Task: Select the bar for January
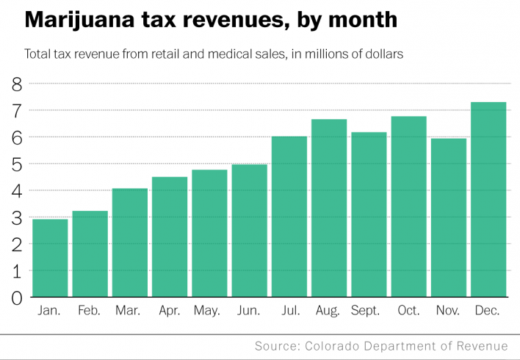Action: (50, 258)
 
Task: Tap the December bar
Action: (488, 200)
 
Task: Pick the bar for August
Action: (329, 208)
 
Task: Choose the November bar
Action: (449, 217)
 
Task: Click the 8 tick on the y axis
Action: (17, 84)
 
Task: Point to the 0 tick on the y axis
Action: (17, 298)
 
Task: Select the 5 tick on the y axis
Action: (17, 164)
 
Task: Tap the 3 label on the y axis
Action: (17, 217)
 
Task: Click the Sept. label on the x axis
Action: (368, 311)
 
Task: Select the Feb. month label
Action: (90, 311)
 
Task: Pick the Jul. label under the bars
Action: (289, 311)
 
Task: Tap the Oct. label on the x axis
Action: (408, 311)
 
